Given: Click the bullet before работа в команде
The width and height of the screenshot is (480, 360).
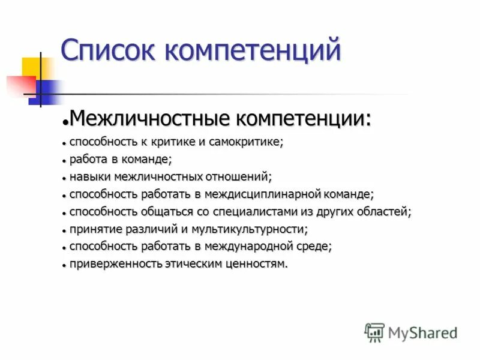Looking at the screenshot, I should pyautogui.click(x=63, y=161).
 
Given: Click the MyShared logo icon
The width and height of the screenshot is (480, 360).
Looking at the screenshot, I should pyautogui.click(x=375, y=332).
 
